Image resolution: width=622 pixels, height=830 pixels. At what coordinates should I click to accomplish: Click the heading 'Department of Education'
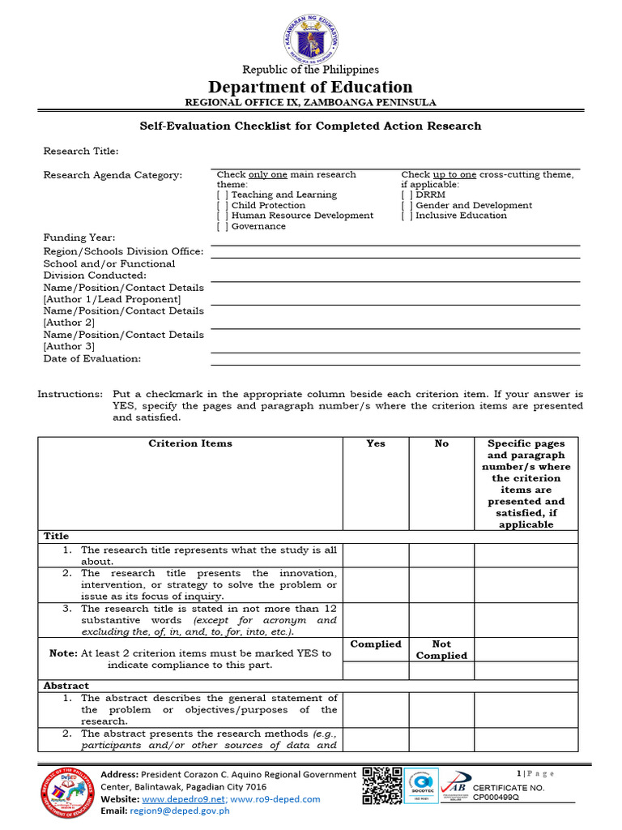tap(311, 88)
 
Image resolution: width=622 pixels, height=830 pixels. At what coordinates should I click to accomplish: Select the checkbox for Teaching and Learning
tap(222, 195)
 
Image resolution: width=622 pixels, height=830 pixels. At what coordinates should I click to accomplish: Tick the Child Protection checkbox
tap(222, 206)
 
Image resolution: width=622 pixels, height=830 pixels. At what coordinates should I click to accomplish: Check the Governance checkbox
tap(222, 227)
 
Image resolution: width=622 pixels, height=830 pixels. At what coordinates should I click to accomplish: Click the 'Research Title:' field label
tap(81, 152)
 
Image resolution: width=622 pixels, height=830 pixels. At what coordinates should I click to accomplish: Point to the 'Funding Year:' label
tap(79, 238)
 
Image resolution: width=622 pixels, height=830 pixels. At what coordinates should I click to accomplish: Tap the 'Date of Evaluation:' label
tap(92, 358)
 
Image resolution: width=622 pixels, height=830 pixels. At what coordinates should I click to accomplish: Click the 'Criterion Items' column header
tap(190, 443)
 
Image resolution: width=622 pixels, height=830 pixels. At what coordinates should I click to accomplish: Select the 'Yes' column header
tap(376, 443)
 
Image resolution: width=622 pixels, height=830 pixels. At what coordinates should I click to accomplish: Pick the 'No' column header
tap(441, 443)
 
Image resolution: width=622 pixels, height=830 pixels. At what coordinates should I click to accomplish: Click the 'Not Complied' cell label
tap(441, 650)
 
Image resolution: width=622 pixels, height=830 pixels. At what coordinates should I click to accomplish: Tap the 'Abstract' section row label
tap(66, 686)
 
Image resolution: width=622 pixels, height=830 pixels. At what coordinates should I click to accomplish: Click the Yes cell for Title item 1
tap(376, 555)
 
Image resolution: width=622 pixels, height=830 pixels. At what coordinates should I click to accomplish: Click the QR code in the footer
tap(381, 785)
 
